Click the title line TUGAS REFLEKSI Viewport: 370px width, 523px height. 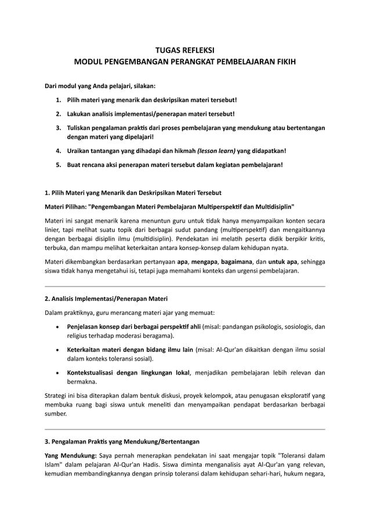pyautogui.click(x=185, y=50)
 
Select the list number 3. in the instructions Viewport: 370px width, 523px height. pyautogui.click(x=59, y=127)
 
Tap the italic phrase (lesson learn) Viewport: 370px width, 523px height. pyautogui.click(x=217, y=151)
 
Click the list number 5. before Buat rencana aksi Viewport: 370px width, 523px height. pyautogui.click(x=59, y=165)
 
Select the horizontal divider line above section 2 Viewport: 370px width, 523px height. pyautogui.click(x=185, y=286)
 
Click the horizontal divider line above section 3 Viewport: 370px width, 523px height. pyautogui.click(x=185, y=428)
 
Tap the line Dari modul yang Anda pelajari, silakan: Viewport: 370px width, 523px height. pyautogui.click(x=100, y=86)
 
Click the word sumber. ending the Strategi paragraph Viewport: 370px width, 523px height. pyautogui.click(x=56, y=415)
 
